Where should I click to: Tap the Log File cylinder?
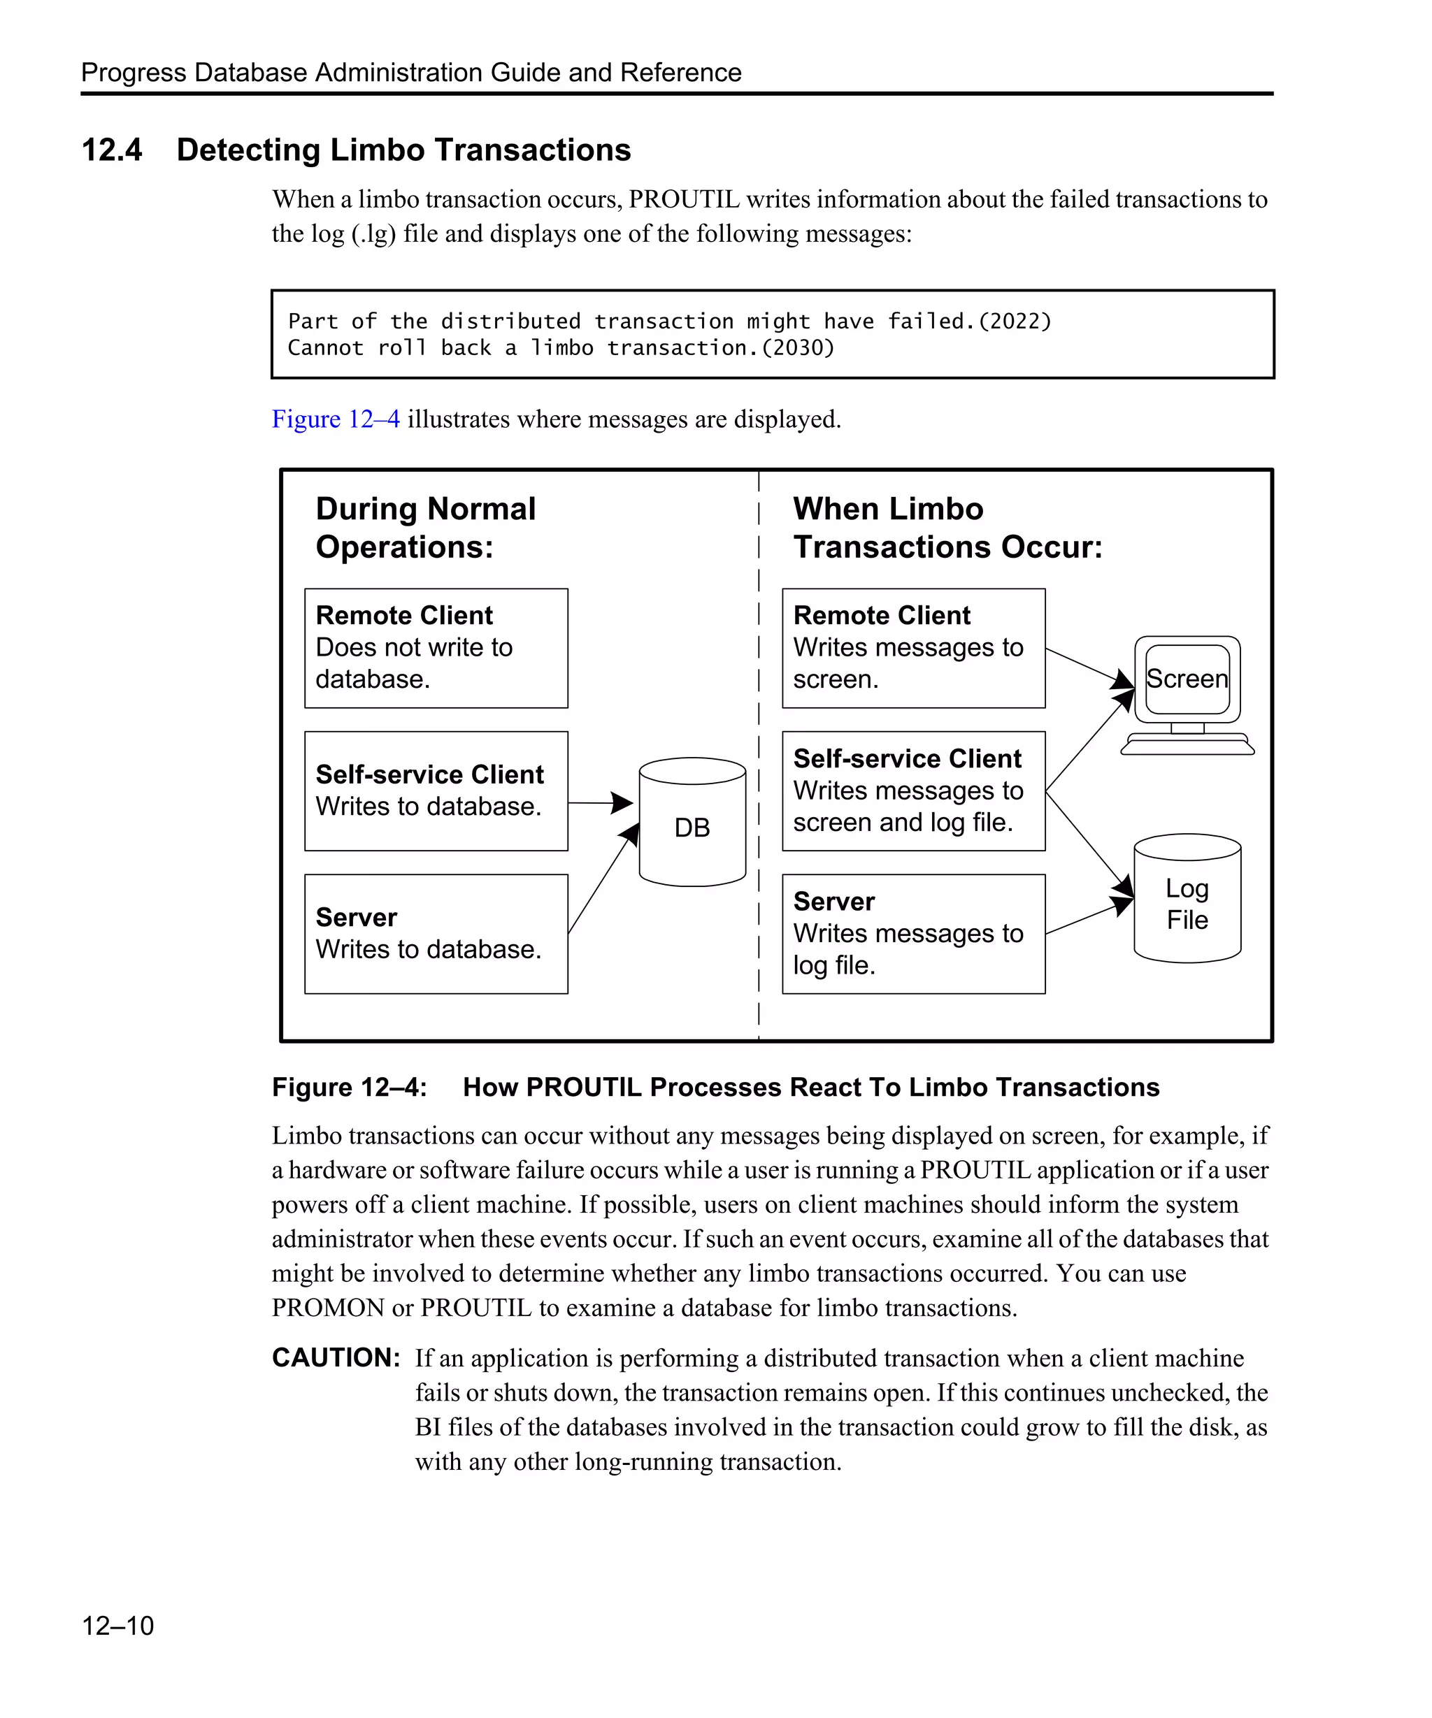click(x=1187, y=900)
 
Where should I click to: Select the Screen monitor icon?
click(x=1187, y=679)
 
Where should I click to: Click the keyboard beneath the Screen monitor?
click(x=1187, y=744)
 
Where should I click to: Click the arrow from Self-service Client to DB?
click(x=599, y=802)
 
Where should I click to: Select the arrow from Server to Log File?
click(x=1088, y=917)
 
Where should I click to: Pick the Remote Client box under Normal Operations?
click(x=436, y=648)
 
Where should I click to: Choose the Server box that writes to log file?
click(x=912, y=934)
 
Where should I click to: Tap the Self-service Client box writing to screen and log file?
click(x=912, y=791)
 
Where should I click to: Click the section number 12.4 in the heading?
click(x=112, y=150)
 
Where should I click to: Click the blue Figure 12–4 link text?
click(x=336, y=419)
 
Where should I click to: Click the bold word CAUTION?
click(x=336, y=1358)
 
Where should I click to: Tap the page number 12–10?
click(x=118, y=1626)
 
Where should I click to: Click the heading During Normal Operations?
click(x=426, y=528)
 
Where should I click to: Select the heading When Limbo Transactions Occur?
click(x=947, y=528)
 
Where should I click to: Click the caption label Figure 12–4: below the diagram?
click(x=350, y=1088)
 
